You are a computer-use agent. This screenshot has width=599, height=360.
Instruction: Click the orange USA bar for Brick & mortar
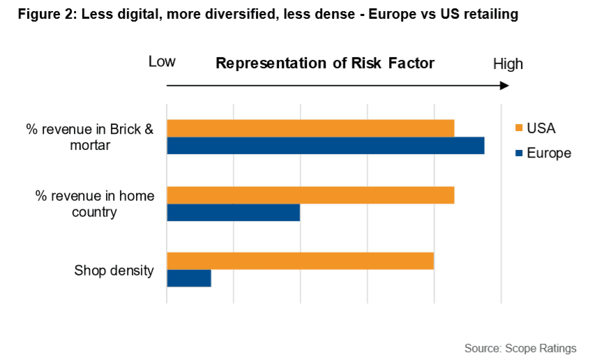click(x=310, y=128)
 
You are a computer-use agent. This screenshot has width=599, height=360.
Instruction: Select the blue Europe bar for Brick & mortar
click(x=325, y=145)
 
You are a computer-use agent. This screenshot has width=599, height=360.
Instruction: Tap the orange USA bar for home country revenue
click(x=310, y=195)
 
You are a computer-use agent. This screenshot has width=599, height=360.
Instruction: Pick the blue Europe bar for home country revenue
click(x=233, y=212)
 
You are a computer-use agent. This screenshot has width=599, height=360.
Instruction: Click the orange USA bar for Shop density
click(x=300, y=261)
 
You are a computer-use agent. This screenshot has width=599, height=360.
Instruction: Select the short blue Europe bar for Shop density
click(x=188, y=278)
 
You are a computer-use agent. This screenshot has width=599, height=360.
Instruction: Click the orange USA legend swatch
click(x=517, y=128)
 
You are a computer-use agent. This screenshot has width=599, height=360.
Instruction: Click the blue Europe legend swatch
click(x=517, y=153)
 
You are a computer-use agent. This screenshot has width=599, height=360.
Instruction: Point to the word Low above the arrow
click(x=162, y=62)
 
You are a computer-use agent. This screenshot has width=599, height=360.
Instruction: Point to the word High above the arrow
click(x=508, y=64)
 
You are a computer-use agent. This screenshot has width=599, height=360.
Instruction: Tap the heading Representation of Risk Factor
click(x=325, y=63)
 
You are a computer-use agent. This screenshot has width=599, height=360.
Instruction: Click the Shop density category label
click(x=114, y=271)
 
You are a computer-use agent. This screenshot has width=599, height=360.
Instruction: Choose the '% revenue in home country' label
click(x=95, y=204)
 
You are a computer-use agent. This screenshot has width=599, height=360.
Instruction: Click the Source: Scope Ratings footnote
click(x=520, y=347)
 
